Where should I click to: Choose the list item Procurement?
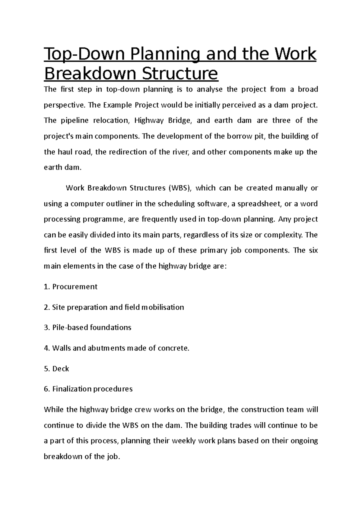[x=75, y=287]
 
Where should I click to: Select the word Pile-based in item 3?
[x=70, y=327]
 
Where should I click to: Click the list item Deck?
[x=61, y=369]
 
